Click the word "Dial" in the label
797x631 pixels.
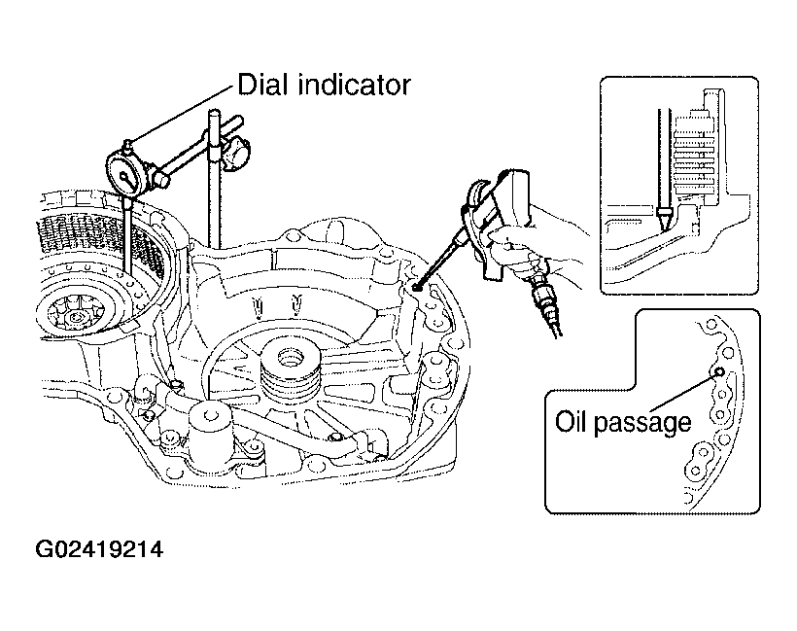pos(263,85)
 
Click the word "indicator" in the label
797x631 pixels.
pos(355,85)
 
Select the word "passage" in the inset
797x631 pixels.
pos(643,424)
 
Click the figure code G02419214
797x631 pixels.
pos(99,549)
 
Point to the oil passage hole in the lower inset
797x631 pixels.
pos(719,371)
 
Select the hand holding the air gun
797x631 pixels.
pos(538,239)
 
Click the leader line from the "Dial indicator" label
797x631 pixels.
pos(183,116)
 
